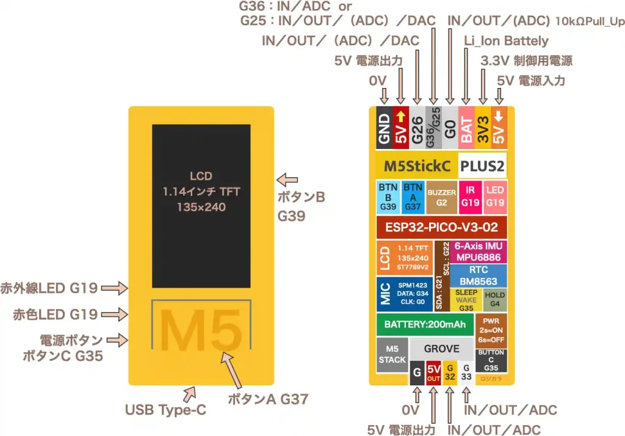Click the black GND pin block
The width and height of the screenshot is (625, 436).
385,129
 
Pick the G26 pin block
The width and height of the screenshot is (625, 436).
417,129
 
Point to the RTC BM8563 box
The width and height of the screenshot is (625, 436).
478,276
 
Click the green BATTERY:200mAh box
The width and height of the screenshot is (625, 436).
421,324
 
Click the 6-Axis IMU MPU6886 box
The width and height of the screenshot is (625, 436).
478,252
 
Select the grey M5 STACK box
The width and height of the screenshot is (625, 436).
392,355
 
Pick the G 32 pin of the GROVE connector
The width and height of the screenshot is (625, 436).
449,372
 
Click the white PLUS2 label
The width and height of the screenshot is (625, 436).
482,166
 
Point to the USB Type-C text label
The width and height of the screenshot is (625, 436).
165,410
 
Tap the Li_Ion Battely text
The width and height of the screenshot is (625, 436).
506,42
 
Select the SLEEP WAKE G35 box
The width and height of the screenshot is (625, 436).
466,300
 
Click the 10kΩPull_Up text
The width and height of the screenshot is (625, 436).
590,22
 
